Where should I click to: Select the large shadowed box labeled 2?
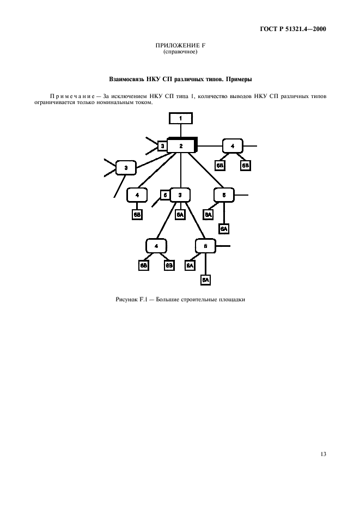(x=181, y=146)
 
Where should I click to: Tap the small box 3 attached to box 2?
(x=162, y=146)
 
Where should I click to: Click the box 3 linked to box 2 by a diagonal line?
(x=126, y=168)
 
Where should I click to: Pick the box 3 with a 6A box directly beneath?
(x=180, y=195)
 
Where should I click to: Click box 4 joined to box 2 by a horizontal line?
(x=233, y=146)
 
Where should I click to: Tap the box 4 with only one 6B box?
(x=137, y=195)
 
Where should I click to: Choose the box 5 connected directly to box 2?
(x=224, y=195)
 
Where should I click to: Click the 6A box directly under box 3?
(x=180, y=215)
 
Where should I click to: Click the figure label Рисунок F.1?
(x=131, y=299)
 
